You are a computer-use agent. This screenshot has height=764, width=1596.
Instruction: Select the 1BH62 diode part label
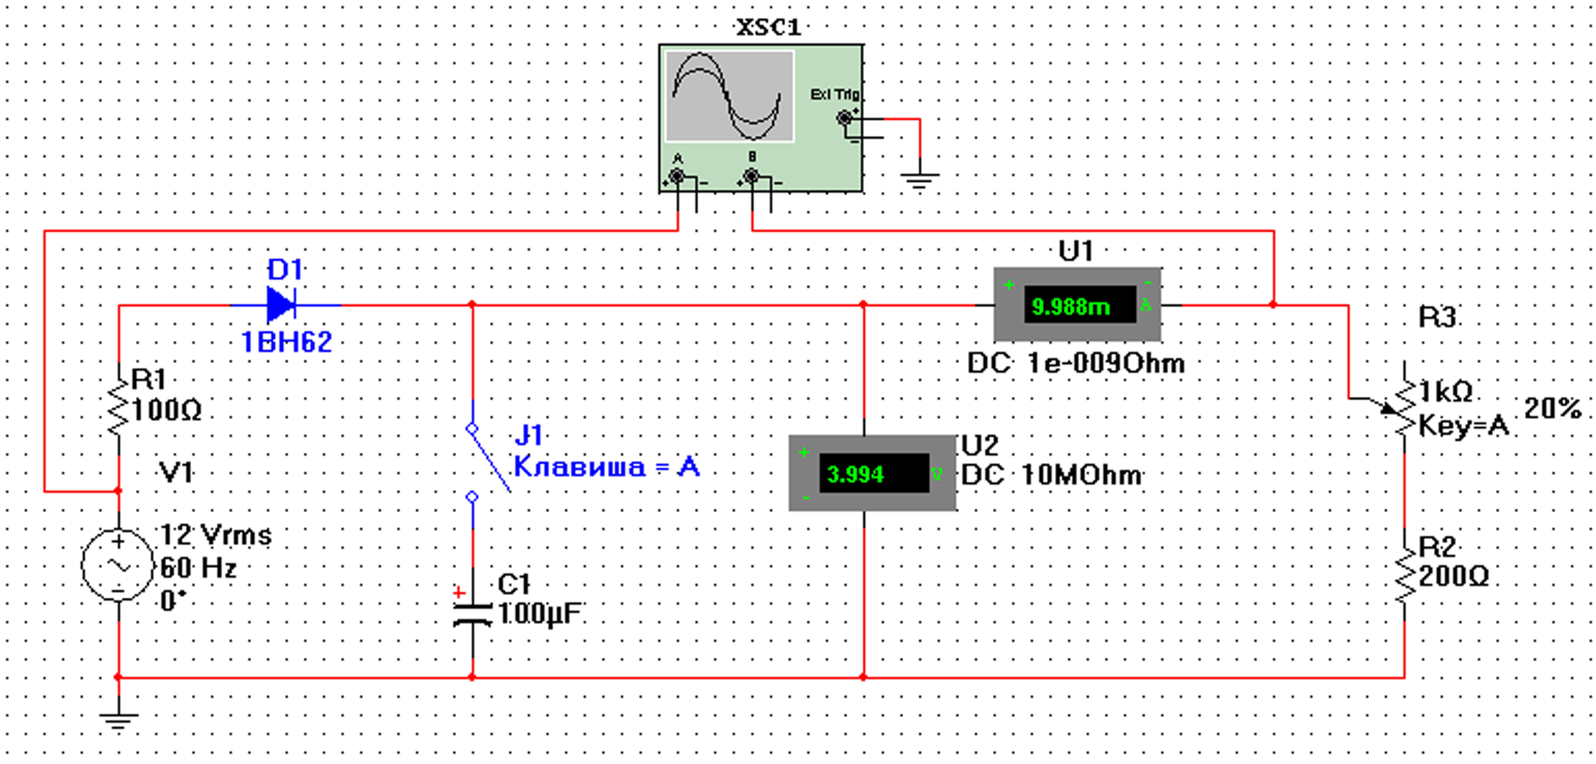coord(286,342)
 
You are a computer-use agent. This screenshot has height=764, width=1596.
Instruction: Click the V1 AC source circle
coord(118,565)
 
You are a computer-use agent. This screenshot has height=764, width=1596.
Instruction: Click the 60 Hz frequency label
coord(198,568)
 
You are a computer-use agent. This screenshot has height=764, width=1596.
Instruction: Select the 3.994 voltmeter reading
coord(855,474)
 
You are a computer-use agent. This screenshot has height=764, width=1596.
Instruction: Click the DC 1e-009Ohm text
coord(1076,363)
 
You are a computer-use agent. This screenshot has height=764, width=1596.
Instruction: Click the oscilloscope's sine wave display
coord(729,96)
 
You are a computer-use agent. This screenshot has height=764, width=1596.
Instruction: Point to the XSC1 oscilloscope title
coord(768,27)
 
